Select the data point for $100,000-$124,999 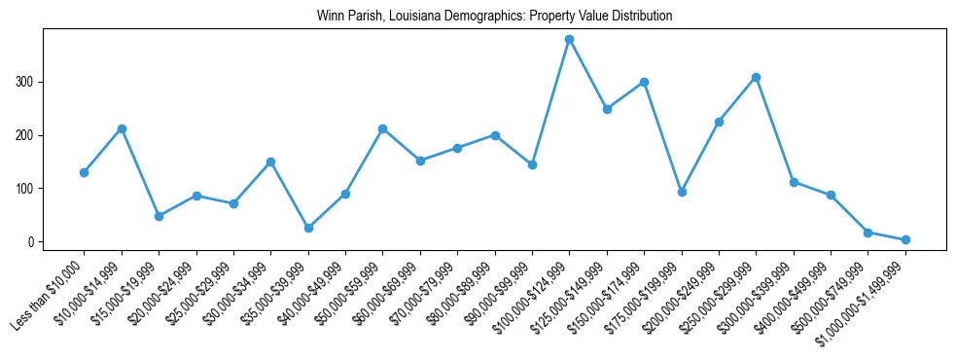[x=570, y=40]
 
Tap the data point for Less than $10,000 [x=84, y=172]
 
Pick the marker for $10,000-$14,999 [x=122, y=128]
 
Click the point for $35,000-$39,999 [x=308, y=228]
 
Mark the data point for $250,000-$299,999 [x=756, y=77]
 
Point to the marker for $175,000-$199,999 [x=682, y=192]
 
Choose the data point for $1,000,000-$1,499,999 [x=905, y=239]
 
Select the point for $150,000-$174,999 [x=644, y=82]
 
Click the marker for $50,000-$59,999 [x=383, y=128]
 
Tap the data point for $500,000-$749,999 [x=867, y=233]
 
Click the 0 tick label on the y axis [x=31, y=242]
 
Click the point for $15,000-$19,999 [x=159, y=216]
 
